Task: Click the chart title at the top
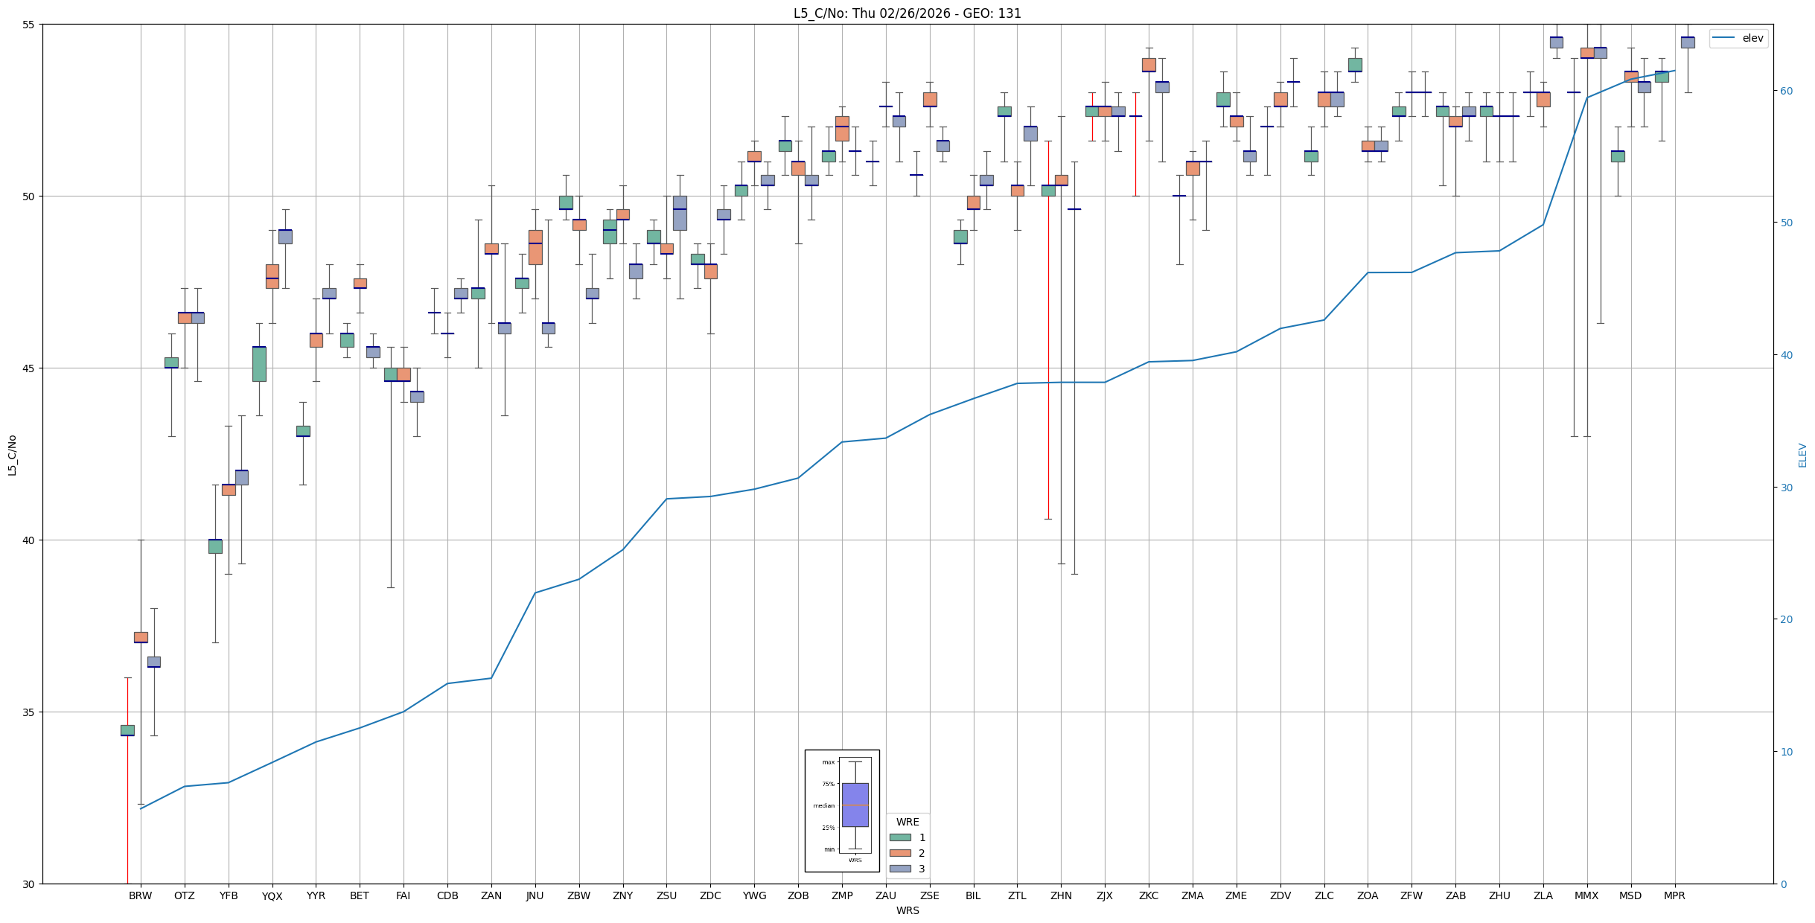pos(907,13)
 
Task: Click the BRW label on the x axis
pos(140,895)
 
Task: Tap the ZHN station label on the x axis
pos(1061,895)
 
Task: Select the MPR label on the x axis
pos(1674,895)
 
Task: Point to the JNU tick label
pos(535,895)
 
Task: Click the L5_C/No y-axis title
pos(12,455)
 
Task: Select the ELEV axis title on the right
pos(1802,455)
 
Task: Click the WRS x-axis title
pos(907,910)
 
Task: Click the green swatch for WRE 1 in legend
pos(900,837)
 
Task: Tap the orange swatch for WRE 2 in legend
pos(900,853)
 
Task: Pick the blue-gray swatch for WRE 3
pos(900,869)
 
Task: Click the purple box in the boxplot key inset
pos(855,805)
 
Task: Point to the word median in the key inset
pos(824,805)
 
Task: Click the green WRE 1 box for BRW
pos(127,730)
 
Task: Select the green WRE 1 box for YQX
pos(259,364)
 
